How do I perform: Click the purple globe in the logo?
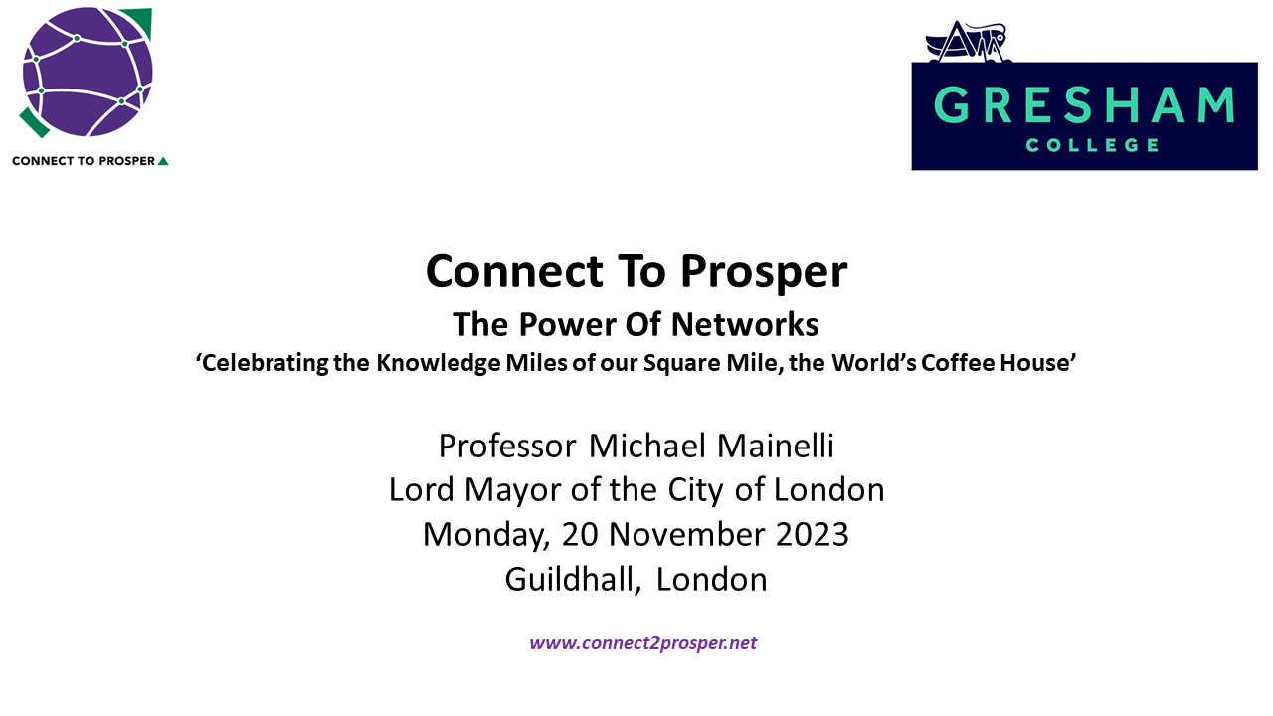pos(88,73)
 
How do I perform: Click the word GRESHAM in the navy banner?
pos(1084,104)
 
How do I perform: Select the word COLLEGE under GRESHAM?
pos(1092,145)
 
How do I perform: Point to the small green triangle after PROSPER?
pos(163,161)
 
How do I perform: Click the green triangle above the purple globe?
pos(140,21)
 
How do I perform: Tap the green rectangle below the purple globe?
pos(34,122)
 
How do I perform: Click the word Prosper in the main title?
pos(764,271)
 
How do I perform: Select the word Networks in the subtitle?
pos(745,324)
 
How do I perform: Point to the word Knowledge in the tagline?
pos(439,364)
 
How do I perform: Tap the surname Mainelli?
pos(776,446)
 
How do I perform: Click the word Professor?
pos(507,447)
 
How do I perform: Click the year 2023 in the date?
pos(813,535)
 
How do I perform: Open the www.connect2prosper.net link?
pos(643,643)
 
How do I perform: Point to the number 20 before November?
pos(580,535)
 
